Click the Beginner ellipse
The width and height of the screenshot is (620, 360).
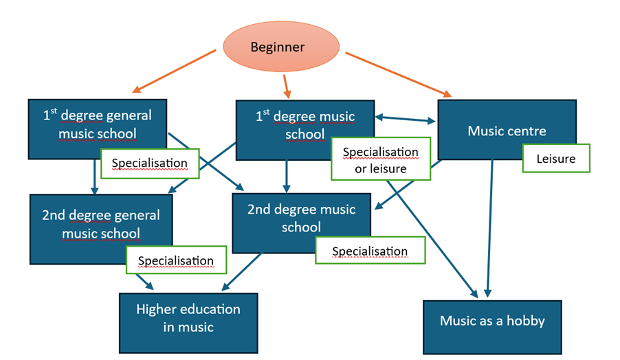point(281,47)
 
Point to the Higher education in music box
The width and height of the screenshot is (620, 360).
point(188,317)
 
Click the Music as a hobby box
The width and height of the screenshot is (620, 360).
point(492,322)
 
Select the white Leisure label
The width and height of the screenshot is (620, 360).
point(556,159)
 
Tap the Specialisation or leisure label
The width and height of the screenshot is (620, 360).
point(380,159)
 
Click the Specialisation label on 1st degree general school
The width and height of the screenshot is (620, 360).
point(150,164)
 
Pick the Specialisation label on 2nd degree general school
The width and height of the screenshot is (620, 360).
point(176,261)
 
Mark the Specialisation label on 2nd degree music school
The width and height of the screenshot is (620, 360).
point(370,251)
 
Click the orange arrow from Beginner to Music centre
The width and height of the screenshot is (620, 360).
point(399,74)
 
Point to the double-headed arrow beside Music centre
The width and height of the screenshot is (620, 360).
point(406,120)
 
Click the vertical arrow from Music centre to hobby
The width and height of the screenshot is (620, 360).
point(491,227)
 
